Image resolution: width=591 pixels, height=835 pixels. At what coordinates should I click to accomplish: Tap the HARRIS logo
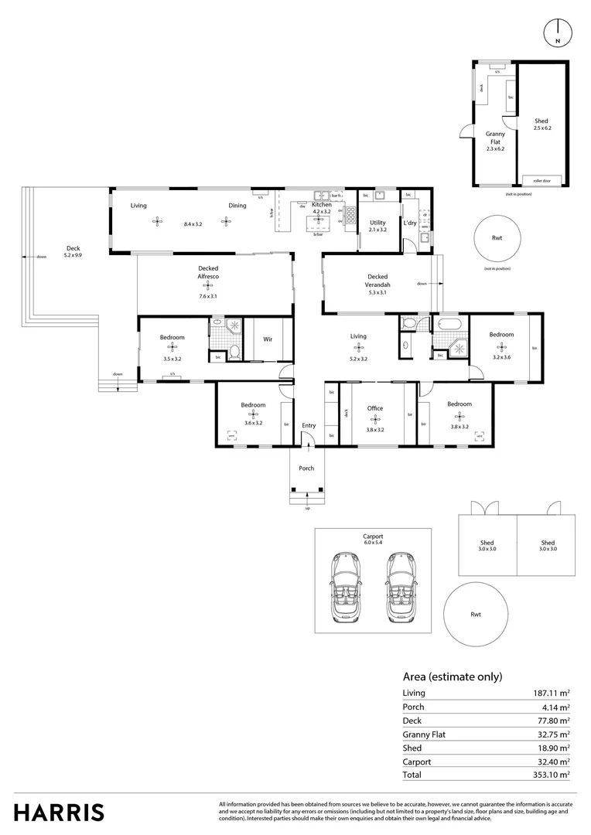pos(59,813)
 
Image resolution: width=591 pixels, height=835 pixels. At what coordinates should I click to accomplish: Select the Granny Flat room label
pos(495,137)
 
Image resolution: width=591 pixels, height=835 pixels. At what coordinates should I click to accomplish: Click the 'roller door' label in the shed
pos(541,180)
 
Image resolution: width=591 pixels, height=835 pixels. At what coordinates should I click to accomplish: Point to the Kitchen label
pos(321,204)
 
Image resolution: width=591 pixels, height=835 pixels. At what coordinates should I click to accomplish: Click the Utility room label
pos(377,222)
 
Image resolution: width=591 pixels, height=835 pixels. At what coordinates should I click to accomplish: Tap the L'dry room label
pos(410,222)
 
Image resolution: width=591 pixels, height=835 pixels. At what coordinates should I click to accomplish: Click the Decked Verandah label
pos(377,280)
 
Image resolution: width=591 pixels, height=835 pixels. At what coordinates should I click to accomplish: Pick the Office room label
pos(375,408)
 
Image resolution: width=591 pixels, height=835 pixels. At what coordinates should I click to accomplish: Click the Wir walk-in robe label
pos(268,339)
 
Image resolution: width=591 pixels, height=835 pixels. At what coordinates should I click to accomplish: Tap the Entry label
pos(309,425)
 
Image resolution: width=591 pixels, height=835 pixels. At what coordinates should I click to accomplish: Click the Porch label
pos(306,468)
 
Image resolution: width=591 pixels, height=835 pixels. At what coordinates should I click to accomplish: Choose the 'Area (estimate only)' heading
pos(453,676)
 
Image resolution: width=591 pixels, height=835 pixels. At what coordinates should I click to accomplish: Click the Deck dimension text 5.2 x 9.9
pos(73,254)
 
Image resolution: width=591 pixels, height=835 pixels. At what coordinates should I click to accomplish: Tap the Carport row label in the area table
pos(416,762)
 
